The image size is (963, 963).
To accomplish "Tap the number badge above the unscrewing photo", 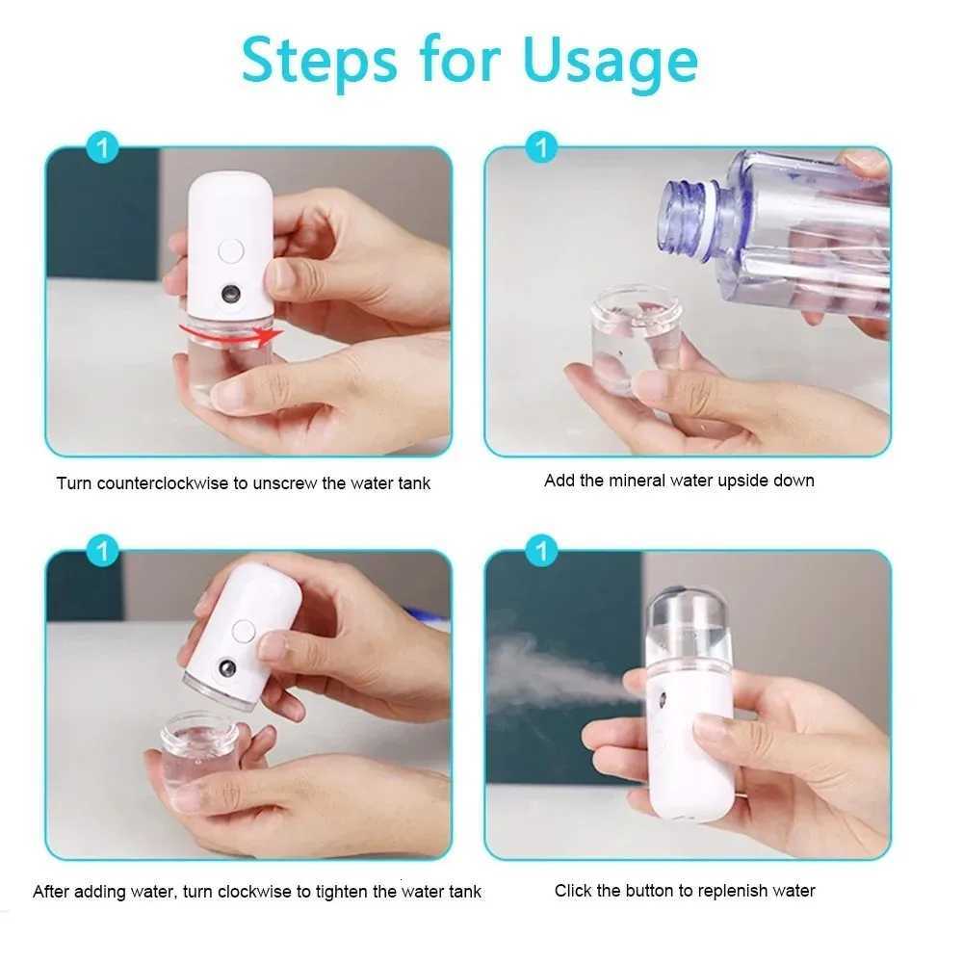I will (x=102, y=149).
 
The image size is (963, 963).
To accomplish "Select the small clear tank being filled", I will (x=637, y=337).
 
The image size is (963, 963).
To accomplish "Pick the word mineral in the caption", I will (x=642, y=481).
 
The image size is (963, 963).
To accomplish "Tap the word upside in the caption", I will (x=740, y=481).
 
